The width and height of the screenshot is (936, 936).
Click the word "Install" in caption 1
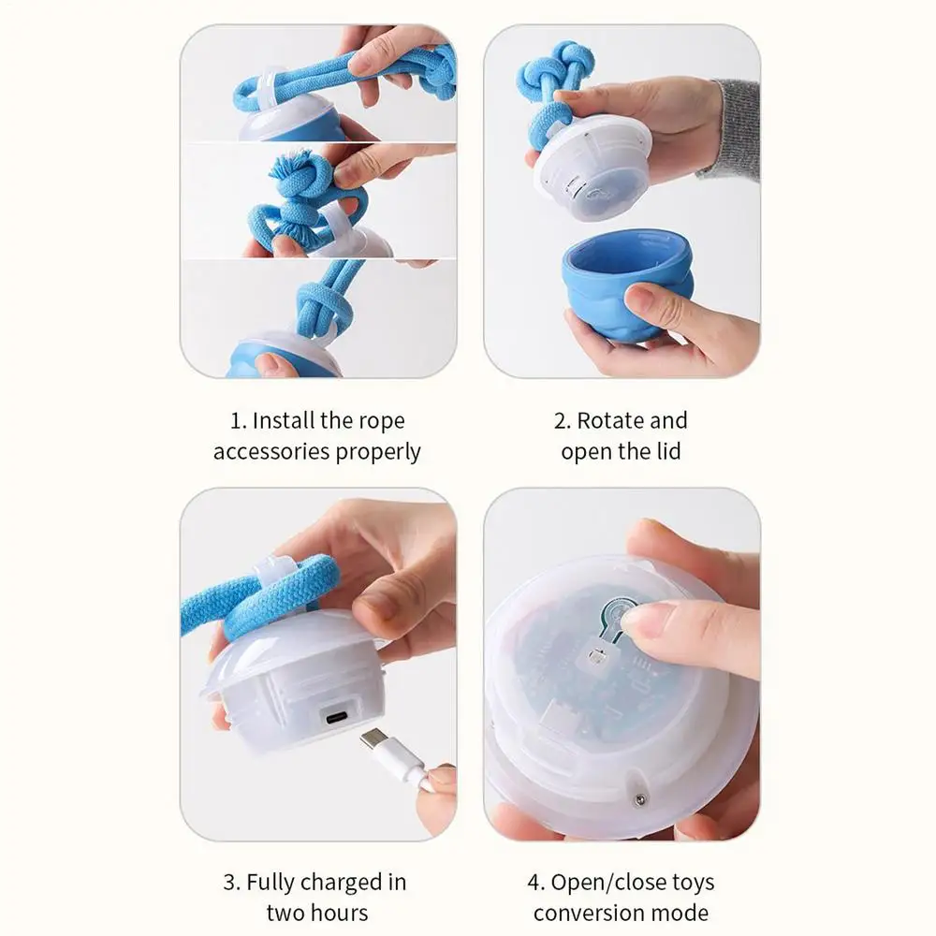click(x=284, y=420)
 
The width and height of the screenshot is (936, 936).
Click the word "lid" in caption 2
click(x=668, y=451)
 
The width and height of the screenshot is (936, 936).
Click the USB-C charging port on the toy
click(x=337, y=716)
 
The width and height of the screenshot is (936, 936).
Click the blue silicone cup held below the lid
click(x=627, y=285)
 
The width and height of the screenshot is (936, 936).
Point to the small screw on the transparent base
click(x=639, y=799)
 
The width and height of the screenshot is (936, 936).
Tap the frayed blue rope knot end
click(x=292, y=168)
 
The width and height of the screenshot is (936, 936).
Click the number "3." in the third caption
click(x=231, y=883)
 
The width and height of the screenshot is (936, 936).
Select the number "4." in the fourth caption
click(x=536, y=883)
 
